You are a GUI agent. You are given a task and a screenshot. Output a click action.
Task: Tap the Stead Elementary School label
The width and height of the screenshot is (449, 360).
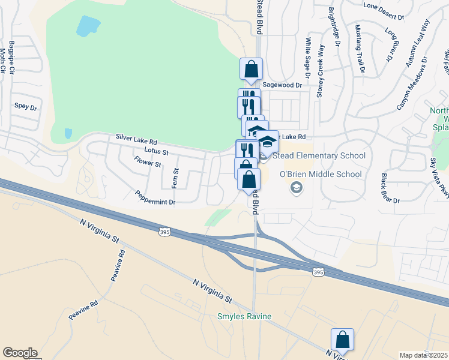pyautogui.click(x=319, y=156)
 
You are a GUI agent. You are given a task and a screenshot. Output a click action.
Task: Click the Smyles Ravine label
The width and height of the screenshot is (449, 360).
pyautogui.click(x=244, y=316)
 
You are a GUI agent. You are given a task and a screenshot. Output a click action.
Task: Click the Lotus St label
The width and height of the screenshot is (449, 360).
pyautogui.click(x=157, y=151)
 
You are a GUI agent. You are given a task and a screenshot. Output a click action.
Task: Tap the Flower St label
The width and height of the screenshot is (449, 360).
pyautogui.click(x=148, y=162)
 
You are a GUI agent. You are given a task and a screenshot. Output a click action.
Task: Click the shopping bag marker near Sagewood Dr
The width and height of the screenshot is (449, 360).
pyautogui.click(x=251, y=68)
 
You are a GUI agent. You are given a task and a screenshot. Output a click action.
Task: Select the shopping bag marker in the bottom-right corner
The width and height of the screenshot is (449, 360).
pyautogui.click(x=342, y=340)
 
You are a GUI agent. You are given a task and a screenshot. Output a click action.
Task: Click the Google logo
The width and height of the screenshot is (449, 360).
pyautogui.click(x=20, y=353)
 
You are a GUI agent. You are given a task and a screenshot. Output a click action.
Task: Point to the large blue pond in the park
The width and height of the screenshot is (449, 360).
pyautogui.click(x=88, y=26)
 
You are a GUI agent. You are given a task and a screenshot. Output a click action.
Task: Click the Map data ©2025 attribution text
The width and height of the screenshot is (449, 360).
pyautogui.click(x=424, y=355)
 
